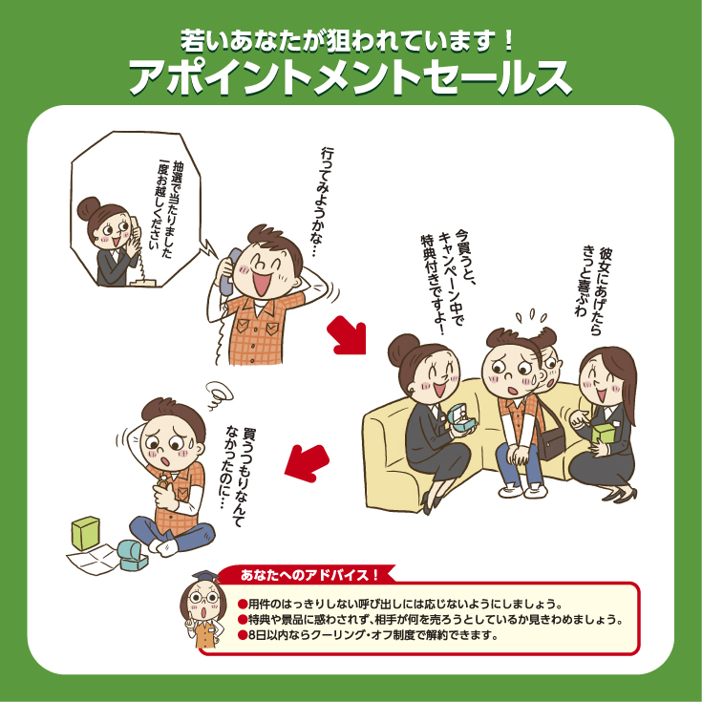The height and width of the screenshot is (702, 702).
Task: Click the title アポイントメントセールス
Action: coord(351,78)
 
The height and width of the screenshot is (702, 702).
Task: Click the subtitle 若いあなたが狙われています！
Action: coord(348,41)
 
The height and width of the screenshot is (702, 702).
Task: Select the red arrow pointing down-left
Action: coord(307,463)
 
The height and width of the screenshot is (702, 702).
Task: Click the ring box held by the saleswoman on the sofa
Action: coord(462,418)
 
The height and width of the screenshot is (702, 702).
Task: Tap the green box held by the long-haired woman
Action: coord(604,434)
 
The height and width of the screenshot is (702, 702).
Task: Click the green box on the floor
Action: coord(86,533)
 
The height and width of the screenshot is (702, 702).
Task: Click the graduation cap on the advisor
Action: coord(205,577)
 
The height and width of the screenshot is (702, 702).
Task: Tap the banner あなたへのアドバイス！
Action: coord(309,575)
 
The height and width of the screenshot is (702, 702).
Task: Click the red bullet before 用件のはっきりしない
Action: coord(243,605)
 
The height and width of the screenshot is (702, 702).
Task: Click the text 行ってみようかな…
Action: coord(324,202)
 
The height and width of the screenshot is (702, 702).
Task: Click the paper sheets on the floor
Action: coord(93,559)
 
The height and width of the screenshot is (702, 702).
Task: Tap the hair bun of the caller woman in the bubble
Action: coord(88,208)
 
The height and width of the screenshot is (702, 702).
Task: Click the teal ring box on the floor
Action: coord(133,555)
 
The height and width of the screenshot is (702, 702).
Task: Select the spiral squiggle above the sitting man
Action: coord(220,394)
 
